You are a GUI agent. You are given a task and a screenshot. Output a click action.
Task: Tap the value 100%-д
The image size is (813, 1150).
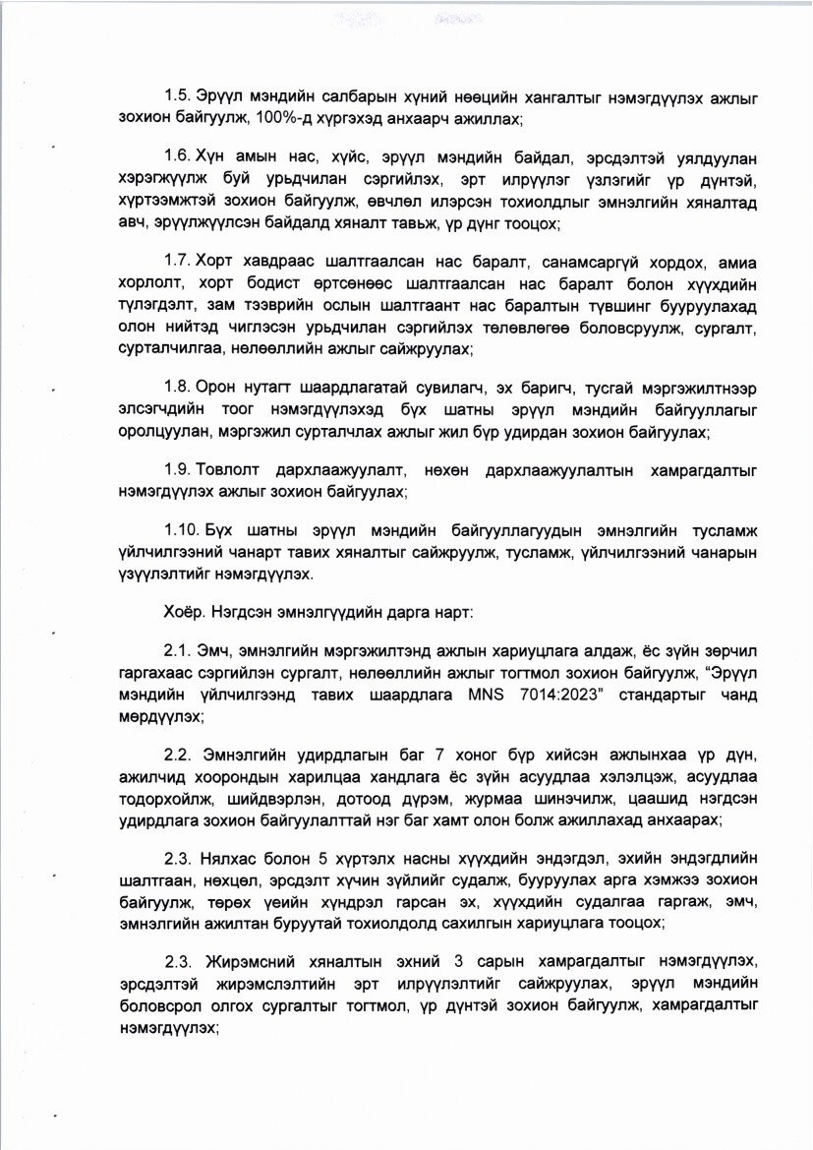281,120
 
